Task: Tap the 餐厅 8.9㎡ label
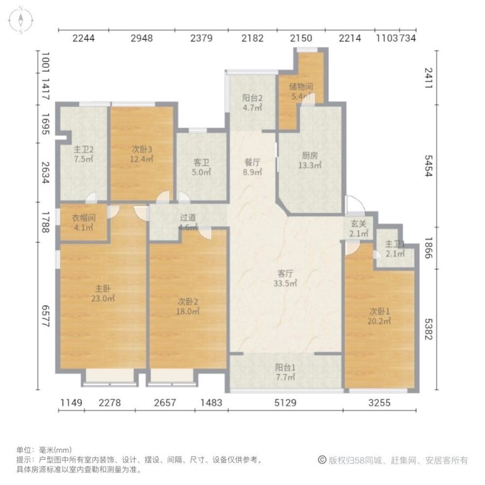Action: click(253, 167)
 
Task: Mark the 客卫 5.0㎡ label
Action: click(201, 167)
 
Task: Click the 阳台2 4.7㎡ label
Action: click(252, 103)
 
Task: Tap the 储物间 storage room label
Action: click(301, 92)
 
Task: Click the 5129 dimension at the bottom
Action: click(285, 403)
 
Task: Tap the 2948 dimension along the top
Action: click(142, 39)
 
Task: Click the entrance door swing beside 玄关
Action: click(353, 204)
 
